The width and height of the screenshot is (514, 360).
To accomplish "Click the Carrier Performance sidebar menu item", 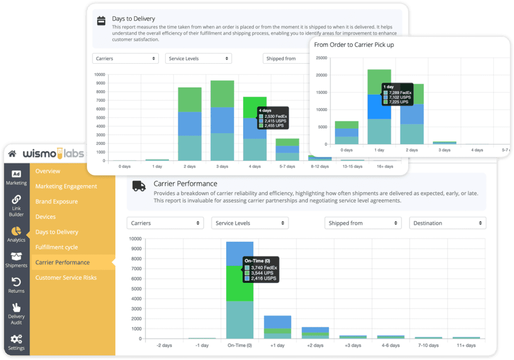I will (62, 262).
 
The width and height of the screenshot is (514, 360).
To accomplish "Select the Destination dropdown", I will (447, 223).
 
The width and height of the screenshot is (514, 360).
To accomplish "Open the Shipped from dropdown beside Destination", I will (363, 223).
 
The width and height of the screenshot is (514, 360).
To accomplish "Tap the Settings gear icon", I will (16, 339).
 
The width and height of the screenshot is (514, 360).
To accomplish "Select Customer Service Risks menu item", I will (66, 278).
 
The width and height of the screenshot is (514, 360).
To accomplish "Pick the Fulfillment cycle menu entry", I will (57, 247).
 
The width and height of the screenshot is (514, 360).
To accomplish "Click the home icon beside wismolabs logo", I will (12, 153).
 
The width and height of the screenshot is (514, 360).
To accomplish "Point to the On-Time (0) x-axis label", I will (240, 346).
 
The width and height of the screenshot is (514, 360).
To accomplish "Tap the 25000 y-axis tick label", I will (321, 58).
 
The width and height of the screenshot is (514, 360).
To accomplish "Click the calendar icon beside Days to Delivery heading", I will (101, 21).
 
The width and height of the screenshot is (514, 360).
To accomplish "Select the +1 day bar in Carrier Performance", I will (278, 327).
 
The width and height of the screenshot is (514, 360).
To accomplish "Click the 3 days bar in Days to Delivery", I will (222, 120).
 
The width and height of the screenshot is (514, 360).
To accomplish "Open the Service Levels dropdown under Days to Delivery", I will (198, 59).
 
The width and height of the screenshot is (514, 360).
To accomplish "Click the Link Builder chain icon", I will (16, 200).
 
